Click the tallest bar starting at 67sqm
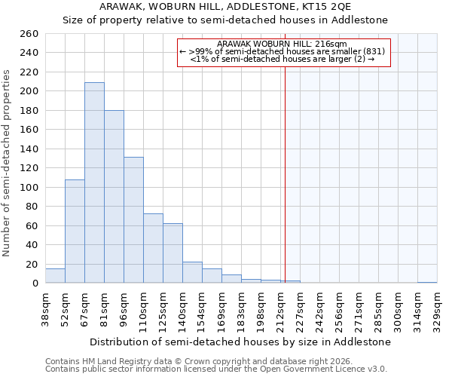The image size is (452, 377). (x=94, y=182)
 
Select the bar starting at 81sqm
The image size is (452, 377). (x=114, y=196)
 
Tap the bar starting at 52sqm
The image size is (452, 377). (x=75, y=231)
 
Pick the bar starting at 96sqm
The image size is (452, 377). (x=133, y=219)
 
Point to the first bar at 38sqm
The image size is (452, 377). (x=55, y=276)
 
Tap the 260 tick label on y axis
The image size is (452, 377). (x=29, y=34)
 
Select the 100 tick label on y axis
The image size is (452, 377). (x=29, y=187)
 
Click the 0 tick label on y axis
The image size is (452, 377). (x=35, y=283)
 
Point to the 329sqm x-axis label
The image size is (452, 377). (x=437, y=308)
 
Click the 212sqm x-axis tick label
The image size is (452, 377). (x=280, y=308)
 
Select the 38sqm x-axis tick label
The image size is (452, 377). (x=45, y=308)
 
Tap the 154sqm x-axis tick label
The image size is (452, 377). (x=202, y=308)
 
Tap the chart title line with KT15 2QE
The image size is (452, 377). (x=226, y=6)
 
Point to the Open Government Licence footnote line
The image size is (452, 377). (x=216, y=369)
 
